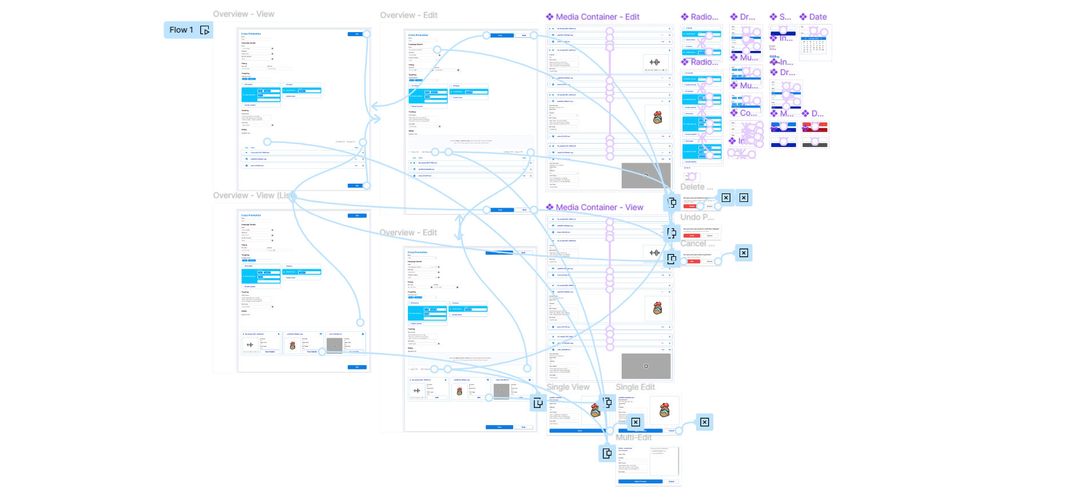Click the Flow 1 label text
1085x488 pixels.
click(181, 30)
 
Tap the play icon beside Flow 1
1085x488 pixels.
click(205, 30)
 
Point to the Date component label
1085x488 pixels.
click(817, 17)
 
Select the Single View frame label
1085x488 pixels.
click(567, 387)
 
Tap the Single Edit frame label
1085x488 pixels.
click(635, 387)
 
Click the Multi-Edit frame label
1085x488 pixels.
click(633, 437)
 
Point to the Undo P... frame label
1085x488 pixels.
click(697, 217)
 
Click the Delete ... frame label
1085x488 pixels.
click(696, 187)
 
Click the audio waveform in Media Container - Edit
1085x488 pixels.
click(654, 62)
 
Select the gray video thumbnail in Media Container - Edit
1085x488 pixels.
click(646, 176)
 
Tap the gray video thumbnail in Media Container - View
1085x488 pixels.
click(646, 366)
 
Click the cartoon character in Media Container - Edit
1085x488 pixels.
click(657, 118)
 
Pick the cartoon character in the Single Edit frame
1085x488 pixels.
click(664, 410)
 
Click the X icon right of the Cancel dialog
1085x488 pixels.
click(744, 253)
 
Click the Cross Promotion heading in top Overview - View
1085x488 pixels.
click(251, 34)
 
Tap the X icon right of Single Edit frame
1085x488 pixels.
click(705, 422)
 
